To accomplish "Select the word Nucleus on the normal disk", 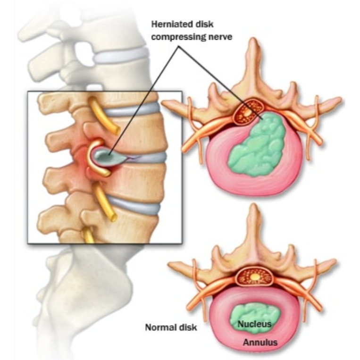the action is click(x=254, y=324).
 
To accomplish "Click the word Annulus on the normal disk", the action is click(x=260, y=343).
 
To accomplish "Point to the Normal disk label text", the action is click(x=171, y=327).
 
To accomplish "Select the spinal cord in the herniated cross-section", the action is click(x=249, y=112).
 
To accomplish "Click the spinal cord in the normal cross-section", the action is click(x=255, y=277).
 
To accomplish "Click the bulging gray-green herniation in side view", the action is click(x=108, y=156).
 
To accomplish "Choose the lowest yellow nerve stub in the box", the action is click(x=88, y=235).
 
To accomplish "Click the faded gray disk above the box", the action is click(x=122, y=55).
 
